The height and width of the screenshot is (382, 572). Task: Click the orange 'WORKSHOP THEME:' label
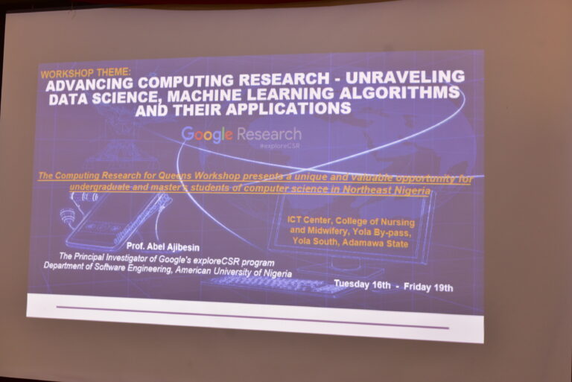(x=86, y=73)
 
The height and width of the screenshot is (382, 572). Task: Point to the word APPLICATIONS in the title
(x=288, y=109)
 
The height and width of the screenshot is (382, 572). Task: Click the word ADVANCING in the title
(x=89, y=85)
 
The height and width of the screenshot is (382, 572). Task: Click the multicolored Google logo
(x=207, y=134)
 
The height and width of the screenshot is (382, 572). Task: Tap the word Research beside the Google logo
(x=269, y=134)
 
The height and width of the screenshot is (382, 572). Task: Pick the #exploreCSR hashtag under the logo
(x=279, y=145)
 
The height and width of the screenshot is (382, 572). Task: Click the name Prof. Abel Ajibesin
(x=162, y=246)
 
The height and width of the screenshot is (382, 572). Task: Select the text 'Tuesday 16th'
(x=362, y=284)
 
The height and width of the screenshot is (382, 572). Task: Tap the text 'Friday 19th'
(x=428, y=287)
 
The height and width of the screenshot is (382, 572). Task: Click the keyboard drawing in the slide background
(x=273, y=284)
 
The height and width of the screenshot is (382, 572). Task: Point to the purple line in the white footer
(x=252, y=317)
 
